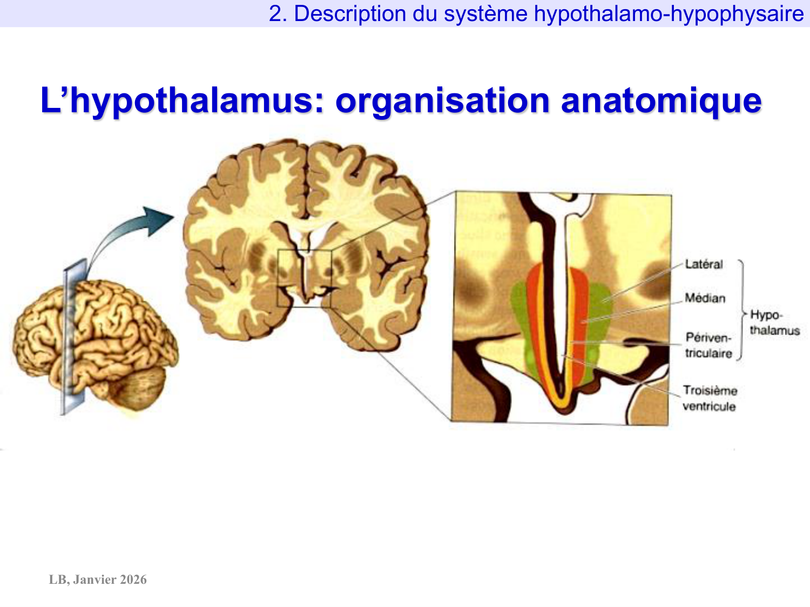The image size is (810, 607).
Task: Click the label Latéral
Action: coord(704,264)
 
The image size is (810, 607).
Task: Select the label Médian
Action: coord(705,298)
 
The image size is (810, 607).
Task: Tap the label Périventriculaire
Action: coord(708,345)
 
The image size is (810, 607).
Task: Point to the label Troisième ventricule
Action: coord(710,398)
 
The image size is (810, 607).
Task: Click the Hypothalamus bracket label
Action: coord(774,323)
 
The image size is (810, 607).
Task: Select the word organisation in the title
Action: coord(442,101)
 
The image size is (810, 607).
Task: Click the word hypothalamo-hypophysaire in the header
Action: coord(669,14)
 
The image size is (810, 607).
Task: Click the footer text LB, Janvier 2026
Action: coord(98,579)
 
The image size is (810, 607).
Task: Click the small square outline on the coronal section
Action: coord(303,278)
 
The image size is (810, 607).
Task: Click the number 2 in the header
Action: coord(275,14)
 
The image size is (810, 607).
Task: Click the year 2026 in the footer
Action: coord(133,579)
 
